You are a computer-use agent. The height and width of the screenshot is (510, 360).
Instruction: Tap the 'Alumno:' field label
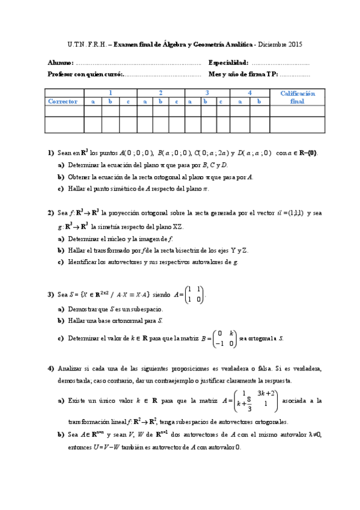point(61,63)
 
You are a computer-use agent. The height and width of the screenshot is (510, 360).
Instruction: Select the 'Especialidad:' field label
point(228,63)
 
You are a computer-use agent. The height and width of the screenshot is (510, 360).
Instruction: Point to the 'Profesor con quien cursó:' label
point(85,74)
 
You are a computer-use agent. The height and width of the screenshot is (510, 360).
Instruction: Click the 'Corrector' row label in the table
point(63,102)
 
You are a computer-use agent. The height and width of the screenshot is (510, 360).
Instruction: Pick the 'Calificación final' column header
point(297,97)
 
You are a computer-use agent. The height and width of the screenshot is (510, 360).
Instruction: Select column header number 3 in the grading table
point(207,93)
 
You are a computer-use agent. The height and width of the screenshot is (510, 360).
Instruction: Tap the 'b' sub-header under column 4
point(259,102)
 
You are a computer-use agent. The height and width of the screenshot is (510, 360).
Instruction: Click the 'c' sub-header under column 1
point(127,102)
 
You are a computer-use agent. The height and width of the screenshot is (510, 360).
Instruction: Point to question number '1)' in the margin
point(51,153)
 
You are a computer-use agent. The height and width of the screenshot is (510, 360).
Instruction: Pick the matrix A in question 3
point(190,295)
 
